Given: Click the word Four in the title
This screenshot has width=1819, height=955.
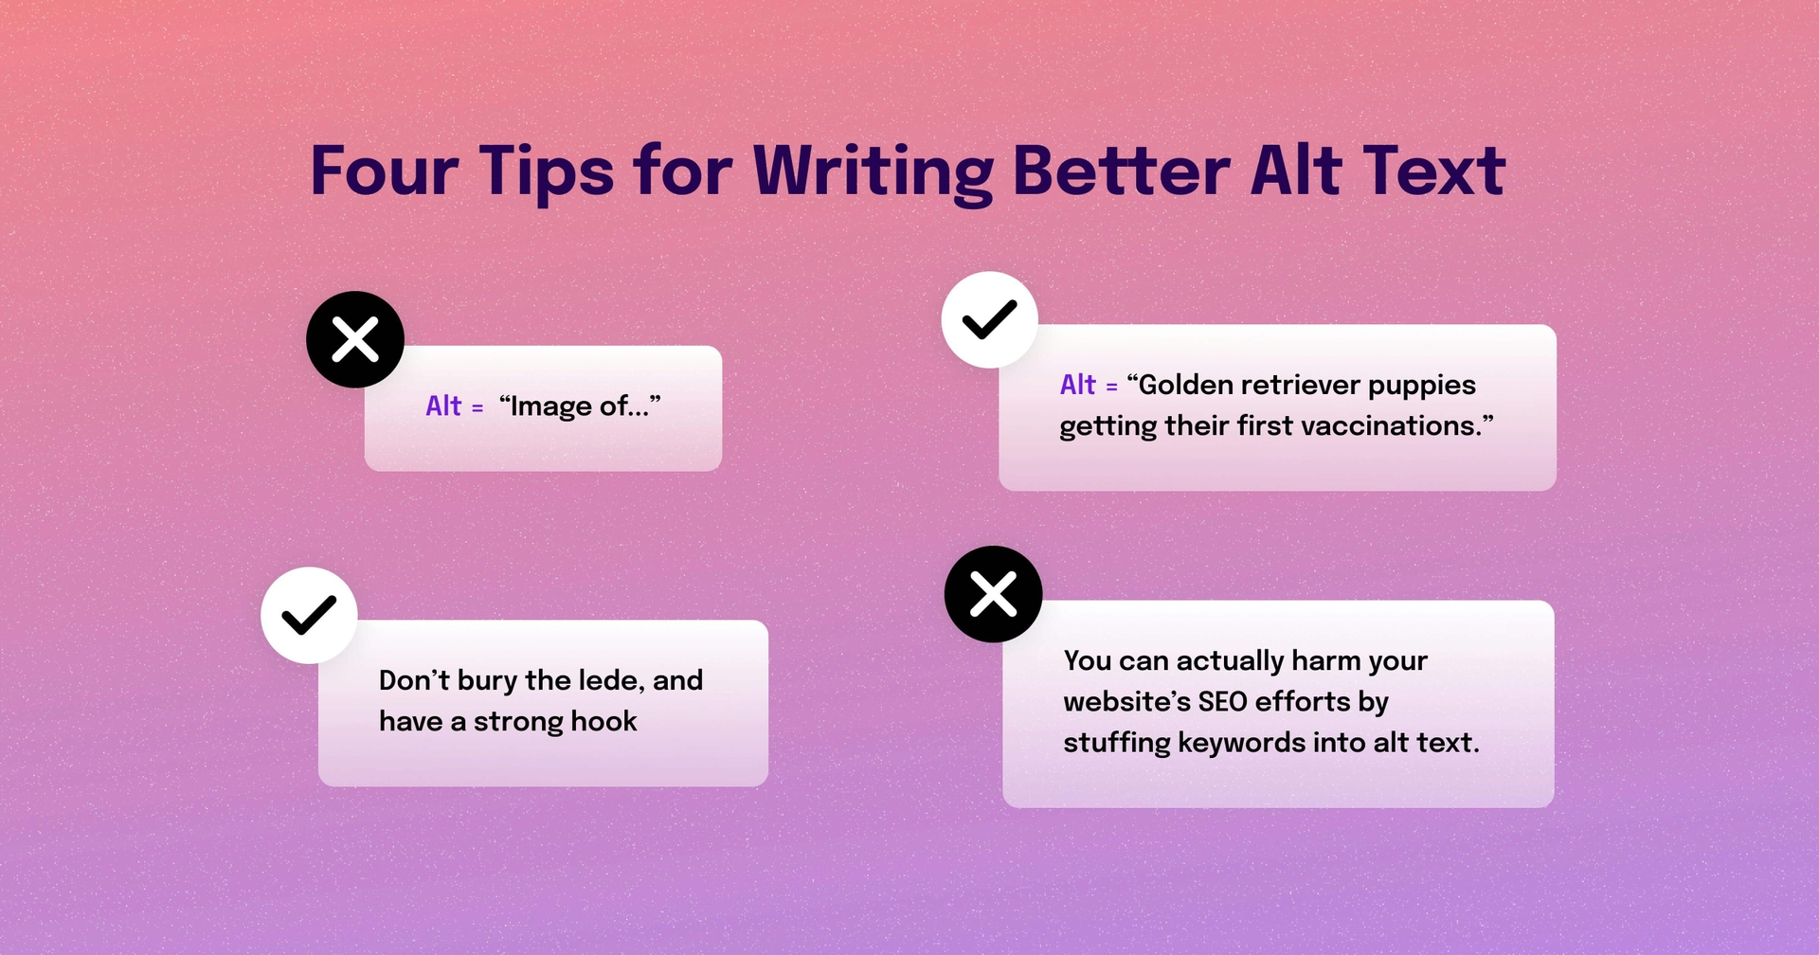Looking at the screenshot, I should [385, 171].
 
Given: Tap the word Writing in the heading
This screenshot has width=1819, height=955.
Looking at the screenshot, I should [873, 171].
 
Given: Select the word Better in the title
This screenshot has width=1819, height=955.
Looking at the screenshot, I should [1121, 171].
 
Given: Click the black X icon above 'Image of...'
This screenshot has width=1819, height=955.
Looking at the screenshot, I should [355, 339].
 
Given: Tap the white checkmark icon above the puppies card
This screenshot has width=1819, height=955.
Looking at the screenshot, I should [989, 320].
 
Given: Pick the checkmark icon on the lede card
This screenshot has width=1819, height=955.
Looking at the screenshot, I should [309, 615].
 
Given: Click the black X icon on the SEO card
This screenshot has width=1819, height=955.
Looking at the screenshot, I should [993, 594].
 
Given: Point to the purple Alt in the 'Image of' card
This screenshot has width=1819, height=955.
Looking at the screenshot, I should [443, 406].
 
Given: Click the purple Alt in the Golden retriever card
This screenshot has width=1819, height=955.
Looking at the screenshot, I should [1077, 385].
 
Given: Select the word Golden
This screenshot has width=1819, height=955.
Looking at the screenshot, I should [1186, 385].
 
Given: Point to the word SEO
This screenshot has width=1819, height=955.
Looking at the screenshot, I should [1222, 702].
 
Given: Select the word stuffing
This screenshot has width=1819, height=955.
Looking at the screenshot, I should [1116, 744].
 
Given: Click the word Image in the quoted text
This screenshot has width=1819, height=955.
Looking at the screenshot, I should [551, 407].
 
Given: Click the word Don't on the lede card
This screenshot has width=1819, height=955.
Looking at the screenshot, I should [414, 680].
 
